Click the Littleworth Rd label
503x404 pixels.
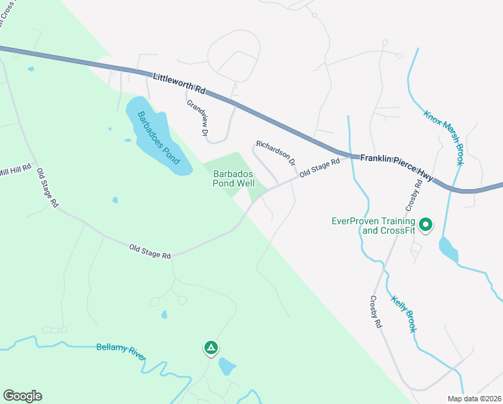(x=179, y=83)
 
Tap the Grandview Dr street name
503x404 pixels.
(x=197, y=118)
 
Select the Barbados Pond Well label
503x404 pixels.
(x=234, y=178)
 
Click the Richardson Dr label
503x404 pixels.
(x=275, y=154)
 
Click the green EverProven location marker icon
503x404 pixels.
(x=426, y=225)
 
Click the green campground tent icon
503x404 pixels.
(x=210, y=347)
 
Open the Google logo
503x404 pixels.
(x=22, y=396)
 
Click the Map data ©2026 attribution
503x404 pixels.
(x=475, y=399)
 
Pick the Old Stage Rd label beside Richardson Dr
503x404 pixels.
(x=319, y=166)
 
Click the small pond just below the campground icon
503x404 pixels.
(x=227, y=367)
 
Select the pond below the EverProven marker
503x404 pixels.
(x=449, y=250)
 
